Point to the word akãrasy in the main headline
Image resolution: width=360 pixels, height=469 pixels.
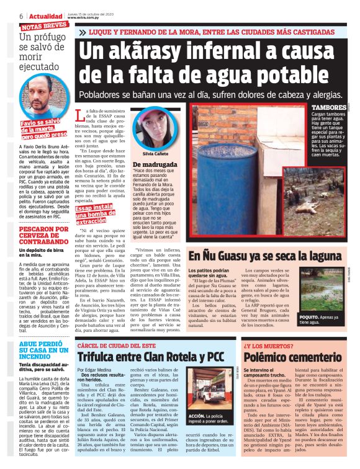(151, 52)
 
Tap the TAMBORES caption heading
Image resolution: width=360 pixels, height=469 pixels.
(329, 108)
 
